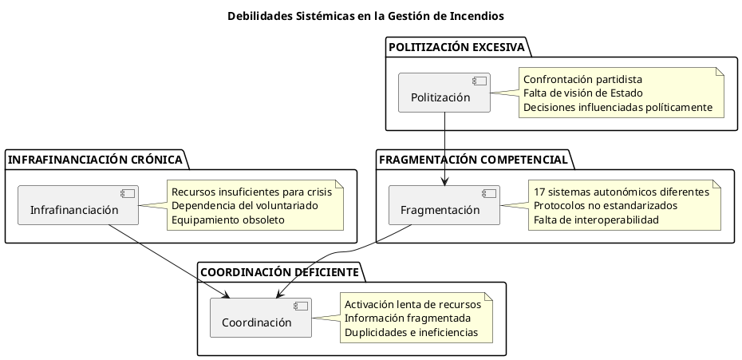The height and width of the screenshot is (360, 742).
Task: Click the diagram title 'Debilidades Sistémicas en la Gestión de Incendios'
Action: tap(365, 16)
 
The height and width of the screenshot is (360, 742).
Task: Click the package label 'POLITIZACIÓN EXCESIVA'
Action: tap(456, 47)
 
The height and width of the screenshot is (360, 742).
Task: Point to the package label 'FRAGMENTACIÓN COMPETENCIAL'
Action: tap(474, 160)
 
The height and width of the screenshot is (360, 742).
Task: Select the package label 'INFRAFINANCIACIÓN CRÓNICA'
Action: tap(95, 160)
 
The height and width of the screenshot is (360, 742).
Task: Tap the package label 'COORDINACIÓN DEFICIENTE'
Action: tap(278, 272)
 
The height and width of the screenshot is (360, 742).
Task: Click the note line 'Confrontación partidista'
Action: tap(582, 79)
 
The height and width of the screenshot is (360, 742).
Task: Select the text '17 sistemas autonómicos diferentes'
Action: tap(621, 192)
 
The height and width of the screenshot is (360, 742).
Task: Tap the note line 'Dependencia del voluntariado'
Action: tap(244, 205)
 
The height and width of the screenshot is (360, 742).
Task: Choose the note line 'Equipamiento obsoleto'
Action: tap(227, 219)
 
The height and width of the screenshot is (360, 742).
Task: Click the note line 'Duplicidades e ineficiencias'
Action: tap(411, 331)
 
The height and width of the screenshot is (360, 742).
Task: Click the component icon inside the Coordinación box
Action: tap(300, 307)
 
